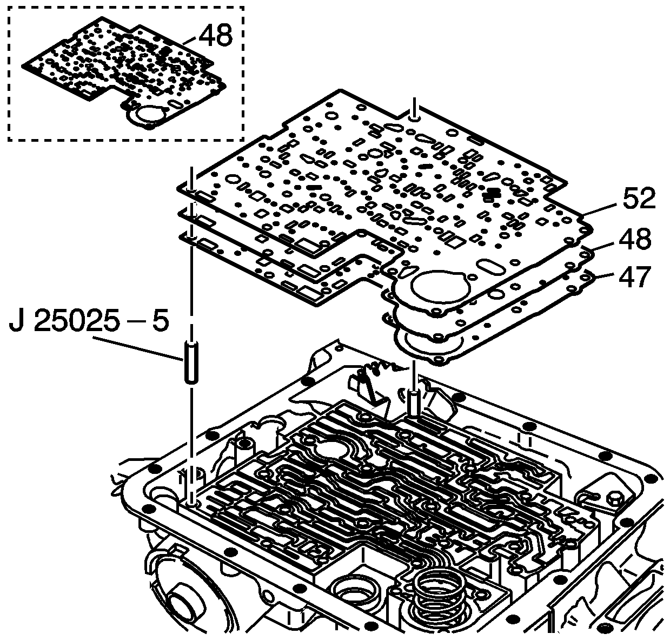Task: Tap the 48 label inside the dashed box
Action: (215, 36)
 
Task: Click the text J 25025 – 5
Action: (89, 322)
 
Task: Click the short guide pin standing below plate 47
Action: (414, 404)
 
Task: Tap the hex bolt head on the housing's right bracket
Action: (615, 498)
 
